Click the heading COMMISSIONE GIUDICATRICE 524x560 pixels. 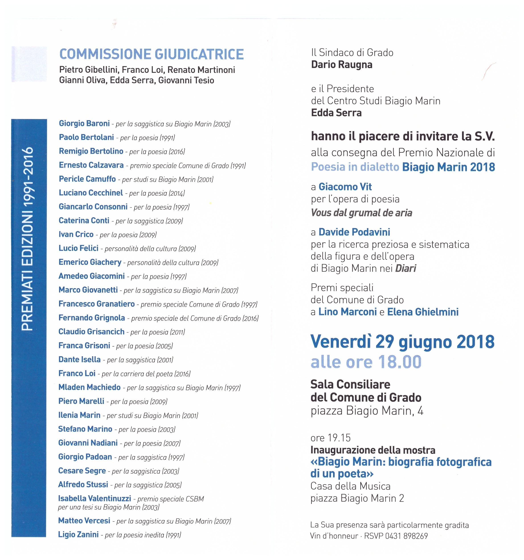pos(151,54)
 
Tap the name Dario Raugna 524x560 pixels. pos(342,65)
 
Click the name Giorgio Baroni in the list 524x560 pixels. pos(84,123)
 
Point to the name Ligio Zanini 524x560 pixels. pos(78,534)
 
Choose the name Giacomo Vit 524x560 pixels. pos(345,187)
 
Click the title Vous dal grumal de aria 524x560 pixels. pos(361,213)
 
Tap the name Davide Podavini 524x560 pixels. pos(354,232)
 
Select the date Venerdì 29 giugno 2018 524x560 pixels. pos(402,342)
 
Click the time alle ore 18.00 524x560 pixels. pos(366,362)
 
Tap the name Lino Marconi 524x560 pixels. pos(348,312)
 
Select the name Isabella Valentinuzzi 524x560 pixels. pos(94,498)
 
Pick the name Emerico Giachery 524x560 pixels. pos(90,262)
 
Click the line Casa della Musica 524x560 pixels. pos(350,486)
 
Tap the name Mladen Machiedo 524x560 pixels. pos(89,387)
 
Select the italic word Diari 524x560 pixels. pos(405,268)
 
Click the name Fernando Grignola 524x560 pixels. pos(92,318)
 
